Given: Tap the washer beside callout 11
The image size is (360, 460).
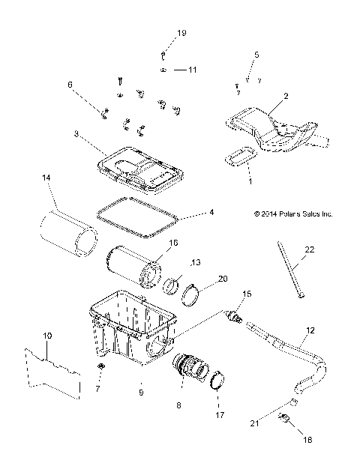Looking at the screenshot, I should click(x=162, y=69).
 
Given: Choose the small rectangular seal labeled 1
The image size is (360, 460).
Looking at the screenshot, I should click(x=239, y=156).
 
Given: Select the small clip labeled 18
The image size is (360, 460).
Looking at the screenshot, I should click(x=285, y=418).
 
